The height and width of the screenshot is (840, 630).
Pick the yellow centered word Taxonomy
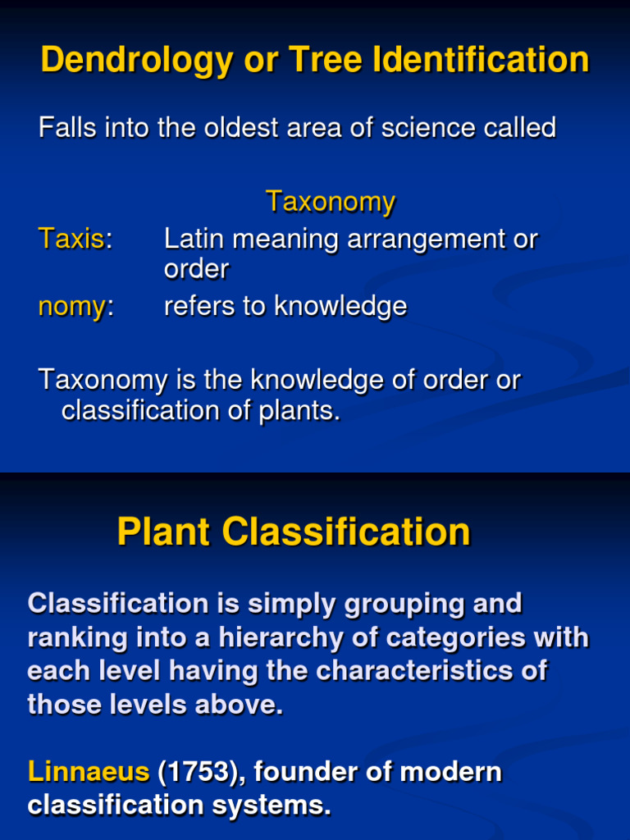coord(331,202)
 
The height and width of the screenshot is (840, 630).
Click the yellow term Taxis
coord(71,240)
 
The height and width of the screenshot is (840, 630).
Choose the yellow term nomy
coord(71,306)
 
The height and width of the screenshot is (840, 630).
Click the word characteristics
coord(416,671)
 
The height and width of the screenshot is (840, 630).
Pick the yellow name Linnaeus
coord(89,772)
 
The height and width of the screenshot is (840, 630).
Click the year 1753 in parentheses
coord(203,772)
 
